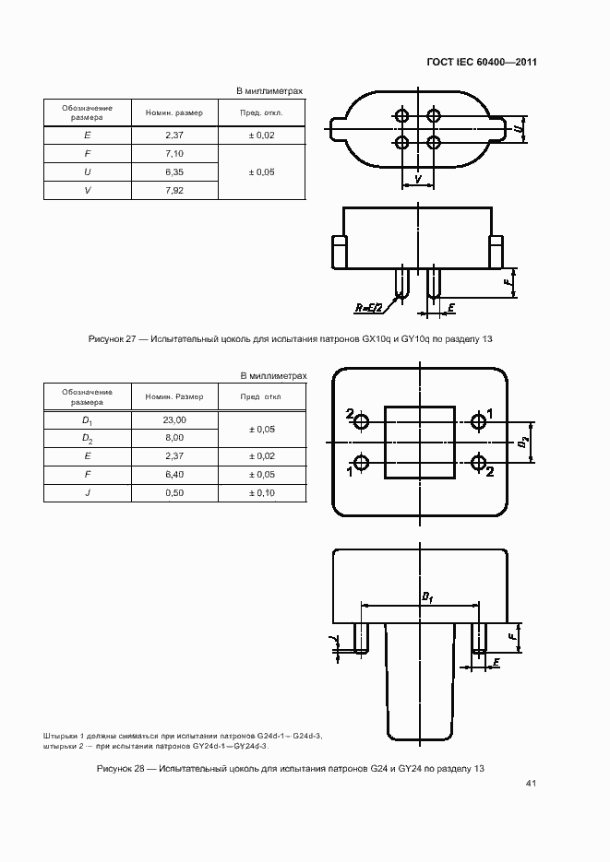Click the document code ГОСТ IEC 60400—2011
click(483, 63)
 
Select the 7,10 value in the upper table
click(174, 153)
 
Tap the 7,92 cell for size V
click(174, 190)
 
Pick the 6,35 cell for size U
click(174, 171)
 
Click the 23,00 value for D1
click(174, 419)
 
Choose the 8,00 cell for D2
click(174, 438)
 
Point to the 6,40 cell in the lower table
click(174, 474)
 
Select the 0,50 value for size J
click(174, 492)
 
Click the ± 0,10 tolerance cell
click(261, 492)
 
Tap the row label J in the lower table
click(88, 492)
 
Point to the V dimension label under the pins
click(418, 177)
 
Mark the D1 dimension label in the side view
click(427, 598)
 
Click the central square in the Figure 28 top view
click(419, 442)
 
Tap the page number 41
click(531, 784)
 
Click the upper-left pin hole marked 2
click(361, 422)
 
